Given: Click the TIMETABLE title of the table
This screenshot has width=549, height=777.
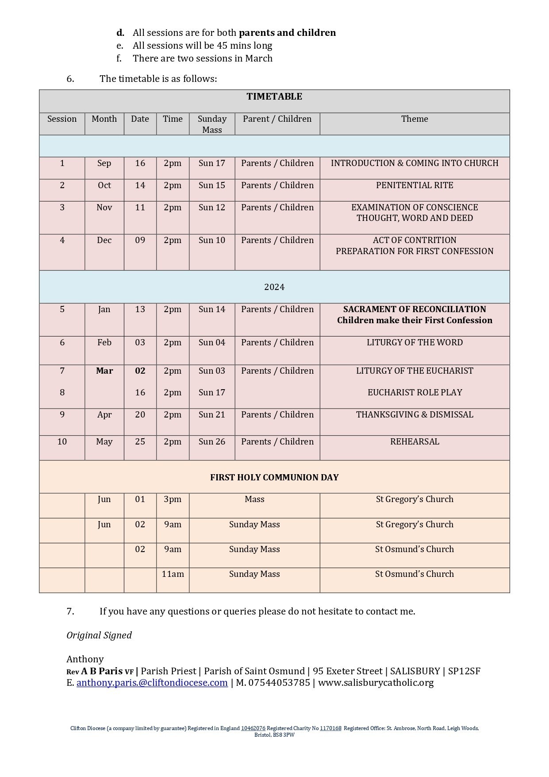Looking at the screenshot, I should (x=274, y=97).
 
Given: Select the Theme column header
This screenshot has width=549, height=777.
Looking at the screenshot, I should (x=415, y=119).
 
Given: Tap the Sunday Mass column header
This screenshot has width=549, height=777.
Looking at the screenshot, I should (x=212, y=124).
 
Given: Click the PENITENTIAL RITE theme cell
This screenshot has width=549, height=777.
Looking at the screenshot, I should (x=415, y=185).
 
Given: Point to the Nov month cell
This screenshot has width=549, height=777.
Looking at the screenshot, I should (x=104, y=207).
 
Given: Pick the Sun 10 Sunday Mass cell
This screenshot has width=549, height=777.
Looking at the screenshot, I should (x=212, y=240).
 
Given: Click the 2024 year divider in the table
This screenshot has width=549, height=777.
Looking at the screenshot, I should (x=274, y=287).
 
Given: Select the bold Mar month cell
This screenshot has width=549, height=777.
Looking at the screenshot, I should (x=104, y=371).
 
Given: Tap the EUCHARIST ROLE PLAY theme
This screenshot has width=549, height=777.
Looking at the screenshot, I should (x=415, y=392).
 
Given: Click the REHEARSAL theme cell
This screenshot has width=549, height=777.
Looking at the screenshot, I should (x=415, y=441).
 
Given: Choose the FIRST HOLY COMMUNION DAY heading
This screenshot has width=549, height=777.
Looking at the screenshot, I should (x=274, y=477).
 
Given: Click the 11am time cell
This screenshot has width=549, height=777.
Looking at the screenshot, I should (x=173, y=574).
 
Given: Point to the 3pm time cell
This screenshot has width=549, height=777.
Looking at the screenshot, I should (x=173, y=499).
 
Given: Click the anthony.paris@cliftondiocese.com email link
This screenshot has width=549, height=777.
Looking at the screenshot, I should (x=152, y=682).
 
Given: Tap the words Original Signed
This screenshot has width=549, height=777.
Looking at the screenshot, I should (x=99, y=635).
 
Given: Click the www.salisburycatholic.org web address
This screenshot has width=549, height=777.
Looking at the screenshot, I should (x=376, y=682).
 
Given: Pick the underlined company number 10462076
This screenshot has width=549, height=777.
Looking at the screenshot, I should (x=253, y=728).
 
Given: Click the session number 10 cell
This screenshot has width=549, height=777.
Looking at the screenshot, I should (x=62, y=441).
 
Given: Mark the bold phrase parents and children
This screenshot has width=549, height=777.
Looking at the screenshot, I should (x=287, y=33).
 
